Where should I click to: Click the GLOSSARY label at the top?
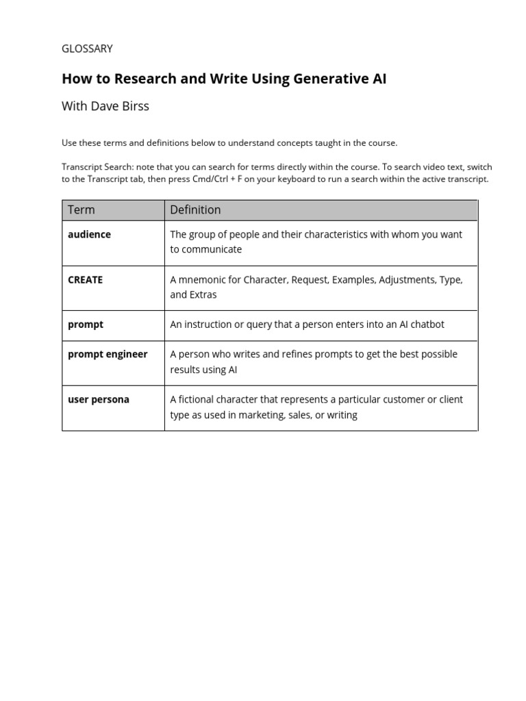[x=87, y=49]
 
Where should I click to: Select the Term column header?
[x=82, y=209]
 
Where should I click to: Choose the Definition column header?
[x=195, y=209]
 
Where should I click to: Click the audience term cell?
[x=89, y=234]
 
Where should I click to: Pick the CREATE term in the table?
[x=85, y=279]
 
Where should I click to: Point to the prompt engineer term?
[x=108, y=354]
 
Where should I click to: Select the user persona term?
[x=98, y=399]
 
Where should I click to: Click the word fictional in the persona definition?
[x=202, y=399]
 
